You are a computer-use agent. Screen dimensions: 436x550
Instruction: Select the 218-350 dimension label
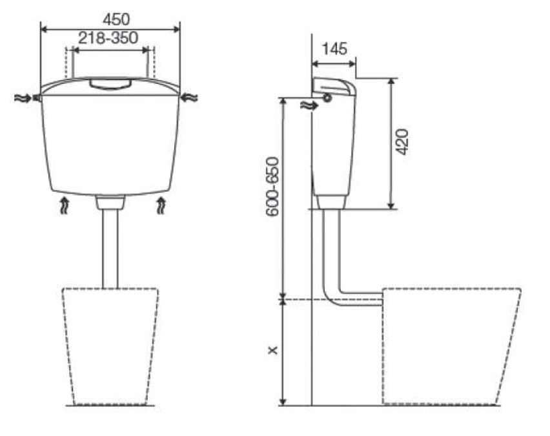108,38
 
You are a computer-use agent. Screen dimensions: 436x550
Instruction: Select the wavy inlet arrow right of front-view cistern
190,98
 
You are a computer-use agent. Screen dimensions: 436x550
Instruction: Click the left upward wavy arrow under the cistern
63,206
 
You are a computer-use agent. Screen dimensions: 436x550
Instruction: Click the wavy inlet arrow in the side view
309,105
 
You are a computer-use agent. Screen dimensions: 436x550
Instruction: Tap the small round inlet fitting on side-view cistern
327,98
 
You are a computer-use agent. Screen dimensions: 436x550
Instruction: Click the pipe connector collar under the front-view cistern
110,203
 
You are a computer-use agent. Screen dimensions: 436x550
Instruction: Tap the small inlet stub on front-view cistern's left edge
38,98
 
